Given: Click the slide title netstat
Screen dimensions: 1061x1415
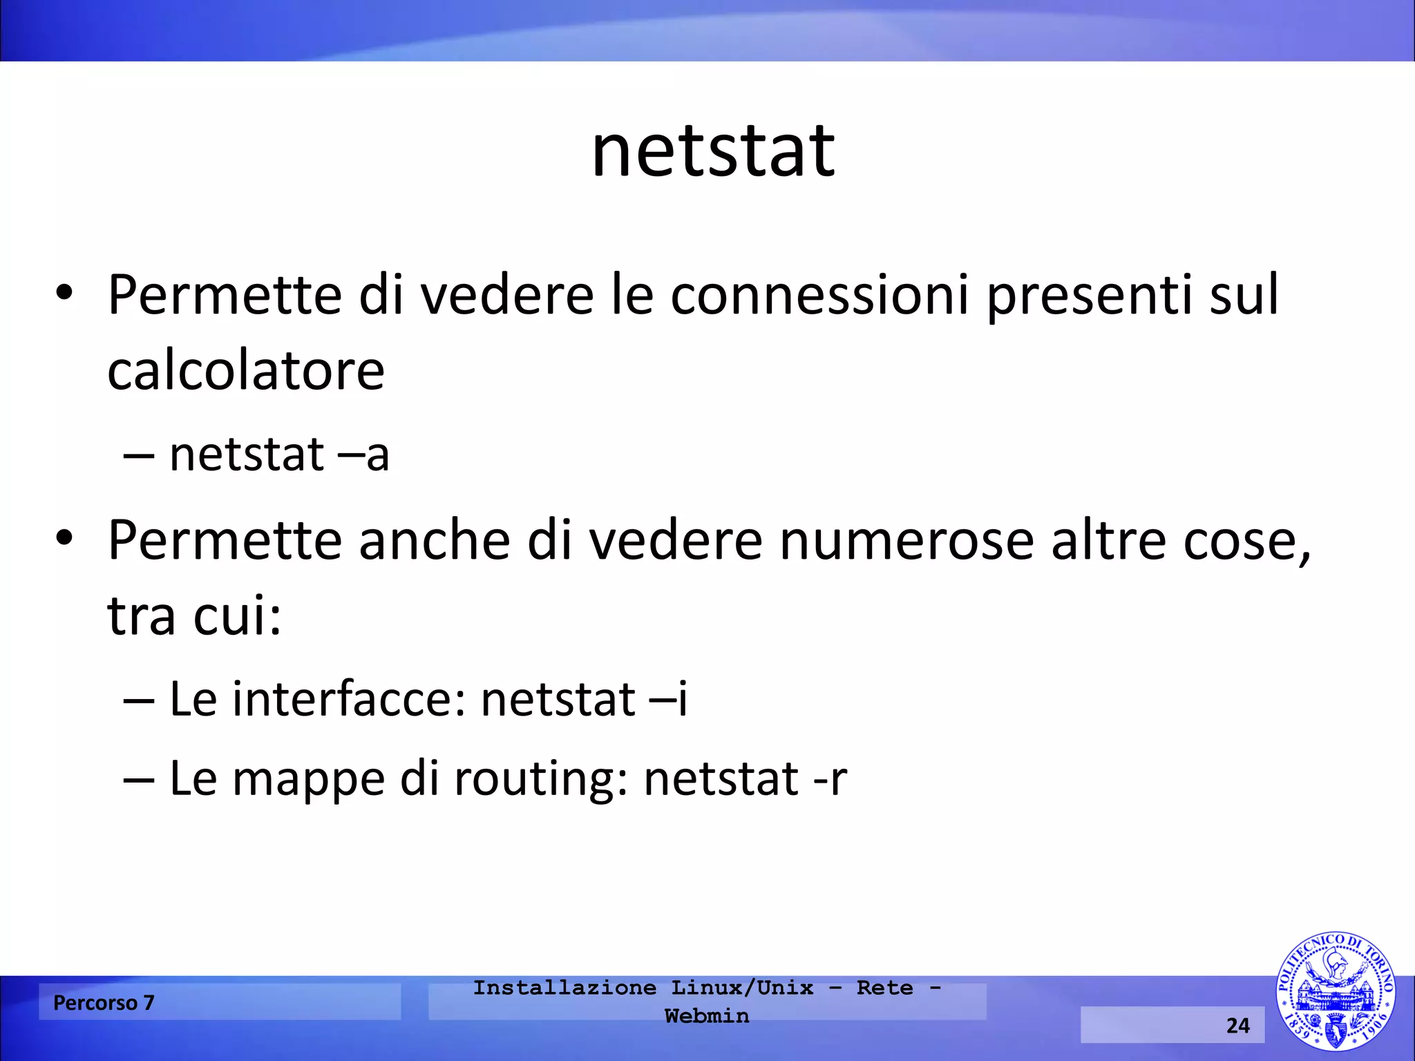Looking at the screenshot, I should pyautogui.click(x=713, y=151).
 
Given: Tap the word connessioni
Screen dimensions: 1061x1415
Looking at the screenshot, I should pyautogui.click(x=819, y=295).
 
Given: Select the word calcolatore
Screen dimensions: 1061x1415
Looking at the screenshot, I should pyautogui.click(x=246, y=370).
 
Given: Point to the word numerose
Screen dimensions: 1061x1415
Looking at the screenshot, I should pyautogui.click(x=906, y=540).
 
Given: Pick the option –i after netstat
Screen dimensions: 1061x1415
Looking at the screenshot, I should pyautogui.click(x=668, y=699).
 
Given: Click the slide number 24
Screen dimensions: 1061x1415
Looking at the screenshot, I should pyautogui.click(x=1237, y=1025).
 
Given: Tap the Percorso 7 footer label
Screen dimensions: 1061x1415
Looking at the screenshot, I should pyautogui.click(x=104, y=1002).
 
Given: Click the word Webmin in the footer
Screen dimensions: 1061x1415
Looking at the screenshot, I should pyautogui.click(x=707, y=1016).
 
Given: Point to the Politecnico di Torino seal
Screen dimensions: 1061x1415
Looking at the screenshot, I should pyautogui.click(x=1335, y=991).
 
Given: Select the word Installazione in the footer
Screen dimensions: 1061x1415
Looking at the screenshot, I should pyautogui.click(x=564, y=988).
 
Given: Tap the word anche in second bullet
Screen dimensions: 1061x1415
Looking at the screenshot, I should pyautogui.click(x=434, y=540).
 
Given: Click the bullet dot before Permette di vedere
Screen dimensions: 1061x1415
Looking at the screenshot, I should pyautogui.click(x=64, y=292).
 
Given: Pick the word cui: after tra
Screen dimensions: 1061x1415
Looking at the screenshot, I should pyautogui.click(x=237, y=615).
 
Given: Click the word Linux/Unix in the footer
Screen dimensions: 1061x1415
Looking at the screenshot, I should pyautogui.click(x=742, y=988).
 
